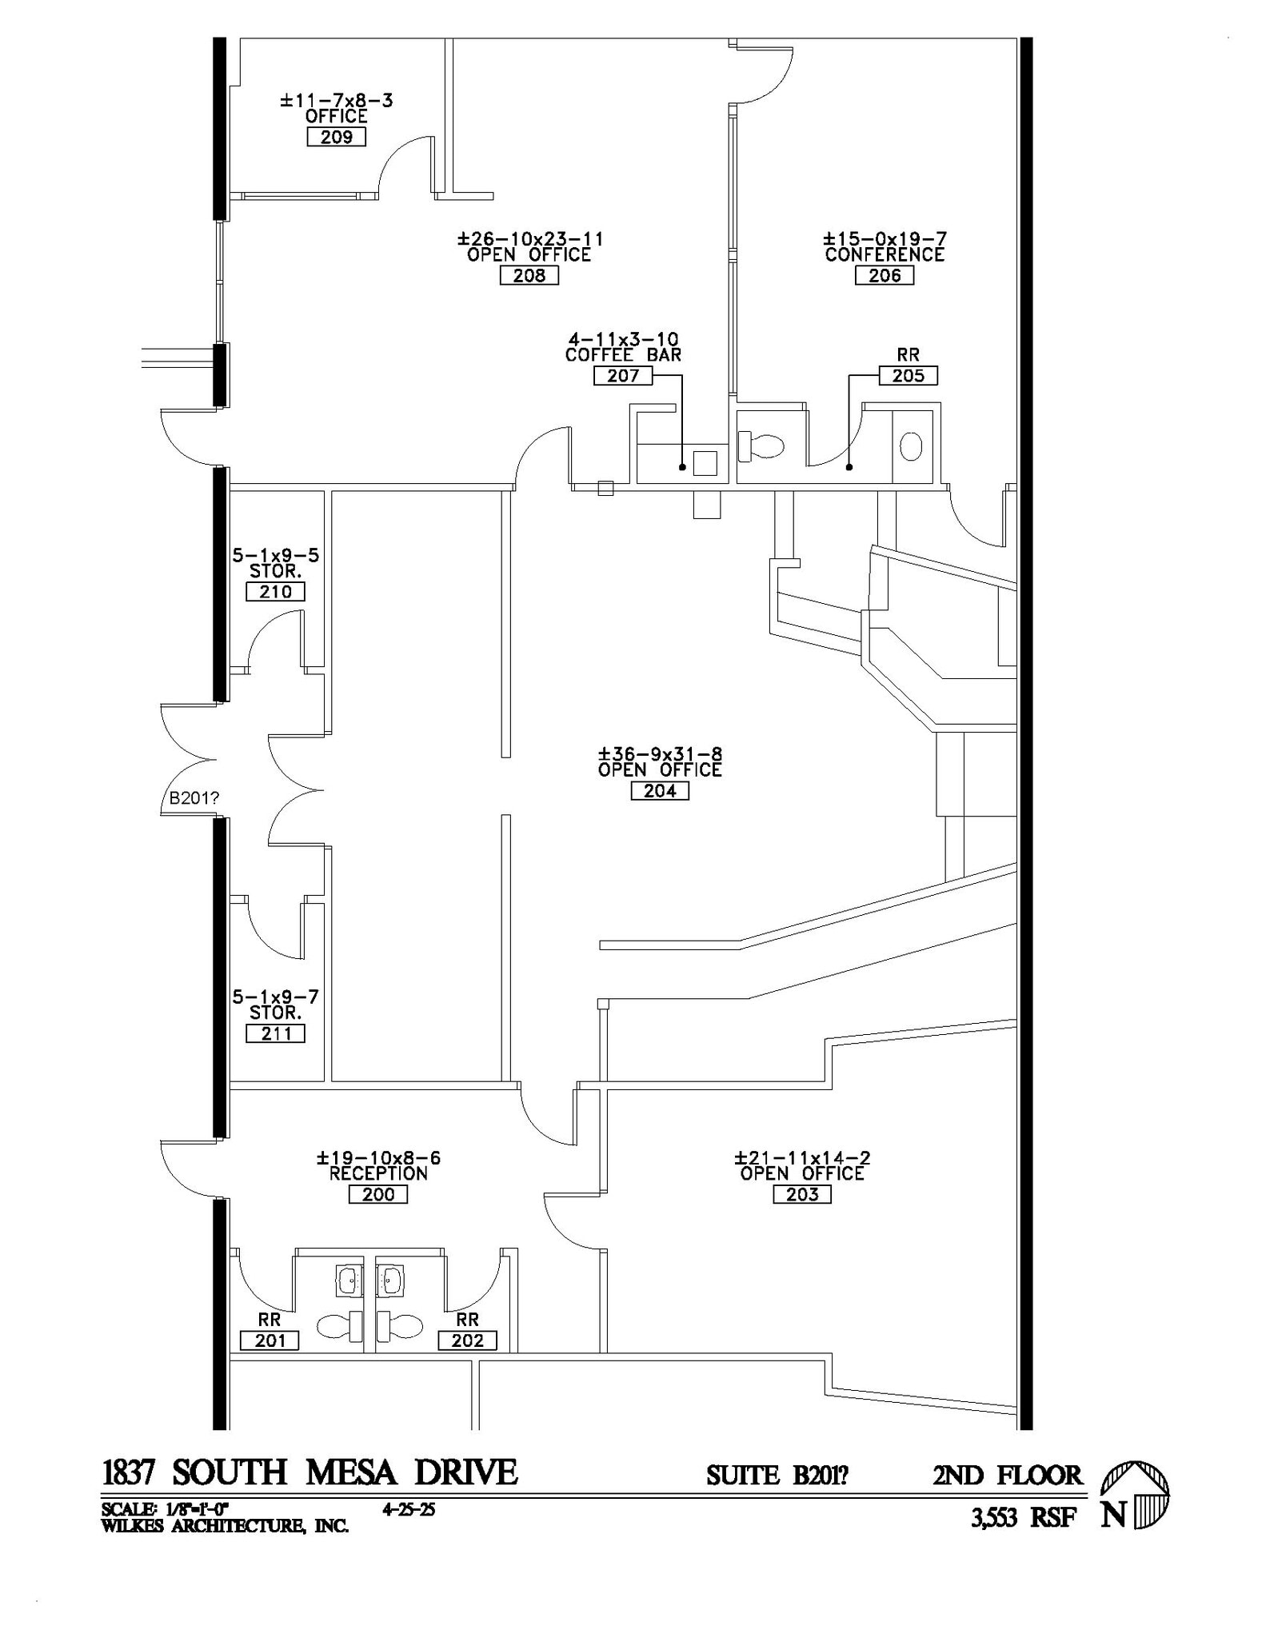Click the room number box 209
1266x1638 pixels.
point(336,137)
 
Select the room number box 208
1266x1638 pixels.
point(529,275)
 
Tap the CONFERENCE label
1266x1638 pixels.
point(885,255)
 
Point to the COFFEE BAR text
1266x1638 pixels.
point(623,355)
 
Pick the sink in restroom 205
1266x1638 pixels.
point(911,446)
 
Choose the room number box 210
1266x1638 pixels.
point(275,592)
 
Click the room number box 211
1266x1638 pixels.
point(275,1033)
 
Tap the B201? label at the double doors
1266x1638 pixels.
point(194,797)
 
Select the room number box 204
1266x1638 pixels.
point(660,791)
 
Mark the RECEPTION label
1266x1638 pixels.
point(378,1173)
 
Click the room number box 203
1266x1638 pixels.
point(802,1194)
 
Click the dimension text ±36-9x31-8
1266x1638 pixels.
point(660,754)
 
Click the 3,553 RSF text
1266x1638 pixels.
point(1024,1517)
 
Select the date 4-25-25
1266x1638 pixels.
point(409,1510)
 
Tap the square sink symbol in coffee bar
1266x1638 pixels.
point(705,463)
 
